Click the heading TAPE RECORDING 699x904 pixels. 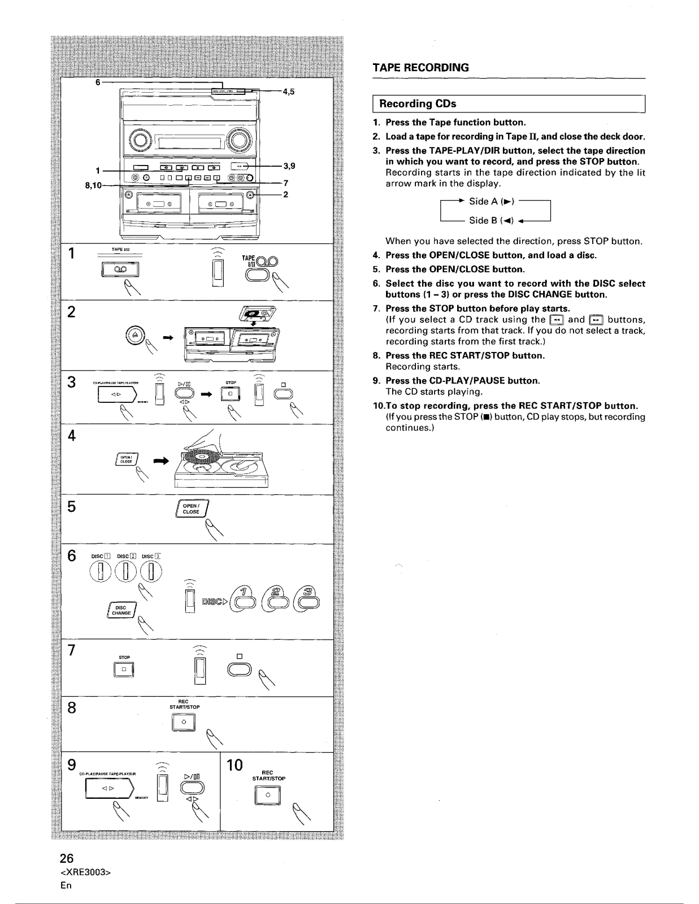click(x=421, y=68)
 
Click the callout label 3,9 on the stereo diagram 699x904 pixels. click(x=289, y=166)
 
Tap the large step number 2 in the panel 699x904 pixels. click(x=72, y=312)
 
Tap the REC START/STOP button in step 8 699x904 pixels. click(x=184, y=723)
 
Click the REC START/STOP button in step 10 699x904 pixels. click(x=269, y=795)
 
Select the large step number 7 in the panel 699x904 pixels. click(x=72, y=650)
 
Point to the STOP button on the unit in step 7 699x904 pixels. click(x=124, y=670)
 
